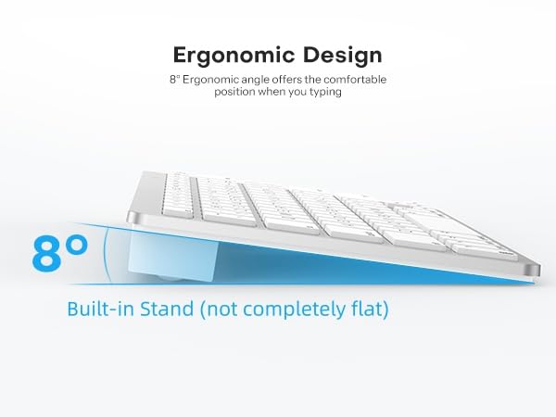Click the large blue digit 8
pyautogui.click(x=48, y=253)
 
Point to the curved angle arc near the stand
pyautogui.click(x=110, y=252)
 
